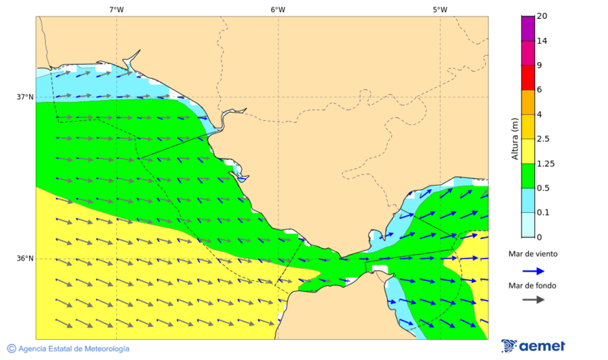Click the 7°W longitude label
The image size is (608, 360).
point(116,9)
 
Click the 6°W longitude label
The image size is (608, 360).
point(278,9)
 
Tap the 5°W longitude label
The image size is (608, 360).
point(440,9)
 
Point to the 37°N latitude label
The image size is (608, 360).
point(25,97)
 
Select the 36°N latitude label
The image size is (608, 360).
point(25,259)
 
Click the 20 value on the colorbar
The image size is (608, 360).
point(542,16)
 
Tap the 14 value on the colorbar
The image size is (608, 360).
point(542,41)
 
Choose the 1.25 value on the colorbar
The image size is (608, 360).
point(545,163)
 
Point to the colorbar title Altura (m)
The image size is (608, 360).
point(515,138)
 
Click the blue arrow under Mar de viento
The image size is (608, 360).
point(533,271)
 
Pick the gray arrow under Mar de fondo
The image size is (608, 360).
point(533,299)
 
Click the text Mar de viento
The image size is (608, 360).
point(533,254)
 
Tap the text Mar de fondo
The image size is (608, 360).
point(533,286)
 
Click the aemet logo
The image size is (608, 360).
point(533,346)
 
